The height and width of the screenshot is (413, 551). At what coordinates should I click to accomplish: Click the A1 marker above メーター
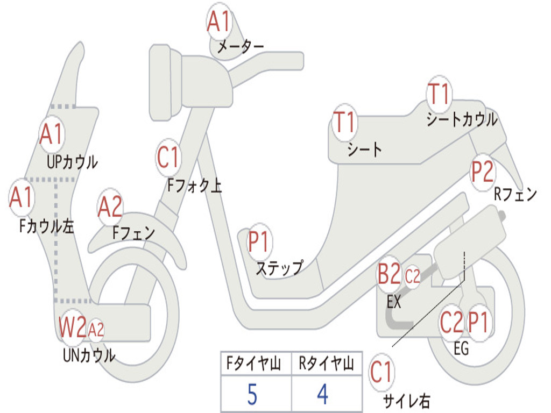click(218, 22)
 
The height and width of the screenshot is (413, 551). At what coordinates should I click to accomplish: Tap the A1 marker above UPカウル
click(51, 134)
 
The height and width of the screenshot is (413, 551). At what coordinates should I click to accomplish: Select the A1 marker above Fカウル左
click(22, 197)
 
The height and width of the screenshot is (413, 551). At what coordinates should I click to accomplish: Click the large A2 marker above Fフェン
click(110, 208)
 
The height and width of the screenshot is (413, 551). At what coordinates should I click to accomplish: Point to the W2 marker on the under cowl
click(73, 327)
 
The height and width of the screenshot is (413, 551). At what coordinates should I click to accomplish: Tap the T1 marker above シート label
click(344, 123)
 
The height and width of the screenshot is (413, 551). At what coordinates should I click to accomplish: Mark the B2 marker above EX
click(389, 275)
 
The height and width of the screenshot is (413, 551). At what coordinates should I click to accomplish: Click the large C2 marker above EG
click(451, 322)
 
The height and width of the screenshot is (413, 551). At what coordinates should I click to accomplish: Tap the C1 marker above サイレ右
click(382, 372)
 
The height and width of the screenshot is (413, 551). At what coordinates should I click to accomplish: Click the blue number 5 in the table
click(252, 395)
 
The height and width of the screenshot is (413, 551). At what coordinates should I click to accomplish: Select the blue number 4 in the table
click(322, 395)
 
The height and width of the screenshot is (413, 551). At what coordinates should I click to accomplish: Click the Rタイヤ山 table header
click(326, 364)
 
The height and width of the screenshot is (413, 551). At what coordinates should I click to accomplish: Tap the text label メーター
click(240, 47)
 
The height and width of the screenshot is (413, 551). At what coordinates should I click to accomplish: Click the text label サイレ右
click(406, 400)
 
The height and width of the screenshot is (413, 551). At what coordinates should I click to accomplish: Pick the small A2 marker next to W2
click(96, 329)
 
